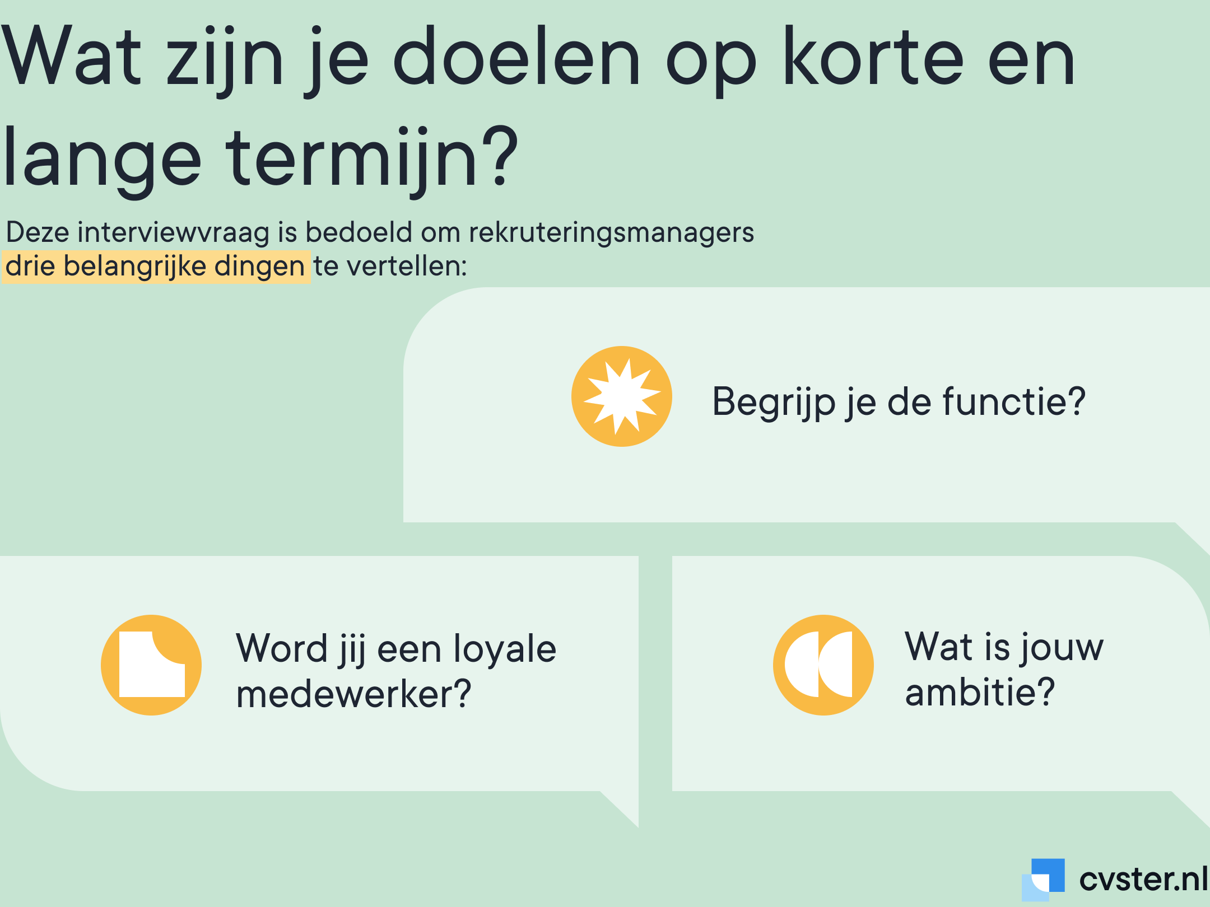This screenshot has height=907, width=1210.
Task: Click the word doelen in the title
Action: point(516,57)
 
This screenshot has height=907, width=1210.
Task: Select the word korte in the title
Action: point(873,57)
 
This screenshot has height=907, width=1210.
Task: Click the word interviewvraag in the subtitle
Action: point(174,232)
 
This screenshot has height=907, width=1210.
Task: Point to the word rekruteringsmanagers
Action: point(611,232)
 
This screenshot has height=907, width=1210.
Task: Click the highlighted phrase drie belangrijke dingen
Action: point(156,267)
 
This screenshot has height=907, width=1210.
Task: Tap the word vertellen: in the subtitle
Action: point(407,267)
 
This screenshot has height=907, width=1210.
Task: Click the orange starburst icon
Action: point(622,396)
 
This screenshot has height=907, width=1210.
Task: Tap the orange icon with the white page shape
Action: point(151,665)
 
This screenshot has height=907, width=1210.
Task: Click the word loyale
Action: point(505,649)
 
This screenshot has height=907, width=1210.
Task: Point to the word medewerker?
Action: point(353,694)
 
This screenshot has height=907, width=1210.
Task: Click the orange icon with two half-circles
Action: point(823,665)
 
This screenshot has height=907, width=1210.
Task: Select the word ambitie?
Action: point(980,692)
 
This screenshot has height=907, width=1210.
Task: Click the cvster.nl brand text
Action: point(1143,879)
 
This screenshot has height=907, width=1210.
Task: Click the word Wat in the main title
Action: point(72,57)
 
